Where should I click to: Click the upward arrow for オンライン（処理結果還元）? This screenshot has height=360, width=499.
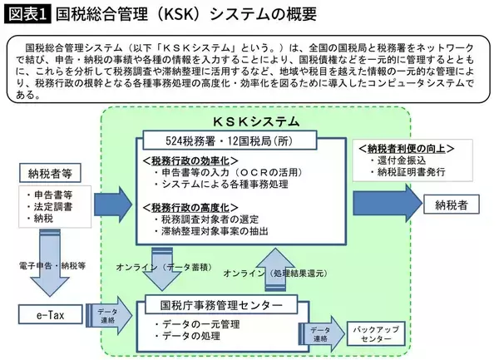click(x=275, y=267)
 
